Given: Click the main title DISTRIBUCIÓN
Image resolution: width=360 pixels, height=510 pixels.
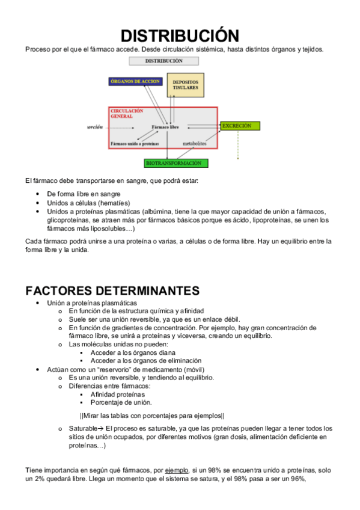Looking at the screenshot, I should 180,35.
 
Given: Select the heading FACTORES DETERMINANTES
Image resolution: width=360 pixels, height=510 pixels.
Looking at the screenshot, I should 112,290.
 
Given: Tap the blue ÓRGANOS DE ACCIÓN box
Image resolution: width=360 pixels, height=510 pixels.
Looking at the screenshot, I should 135,81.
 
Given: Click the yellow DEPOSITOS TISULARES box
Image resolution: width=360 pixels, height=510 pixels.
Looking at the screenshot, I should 185,85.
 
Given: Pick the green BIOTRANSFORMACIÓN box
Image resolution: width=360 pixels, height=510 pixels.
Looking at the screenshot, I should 177,163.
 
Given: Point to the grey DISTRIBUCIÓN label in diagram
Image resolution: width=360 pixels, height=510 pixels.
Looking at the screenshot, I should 163,61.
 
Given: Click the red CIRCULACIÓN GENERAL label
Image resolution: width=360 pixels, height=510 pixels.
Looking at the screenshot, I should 127,114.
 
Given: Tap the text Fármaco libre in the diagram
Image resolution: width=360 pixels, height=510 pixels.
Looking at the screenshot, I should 165,127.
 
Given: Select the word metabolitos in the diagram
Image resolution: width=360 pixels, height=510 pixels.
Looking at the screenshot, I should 195,144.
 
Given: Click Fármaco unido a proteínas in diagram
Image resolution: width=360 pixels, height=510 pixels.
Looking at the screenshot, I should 134,144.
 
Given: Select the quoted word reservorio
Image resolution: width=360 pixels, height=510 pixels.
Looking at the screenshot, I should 102,369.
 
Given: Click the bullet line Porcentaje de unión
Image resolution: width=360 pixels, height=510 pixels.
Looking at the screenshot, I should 121,402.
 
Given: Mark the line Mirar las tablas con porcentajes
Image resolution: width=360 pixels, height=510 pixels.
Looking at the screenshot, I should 152,416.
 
